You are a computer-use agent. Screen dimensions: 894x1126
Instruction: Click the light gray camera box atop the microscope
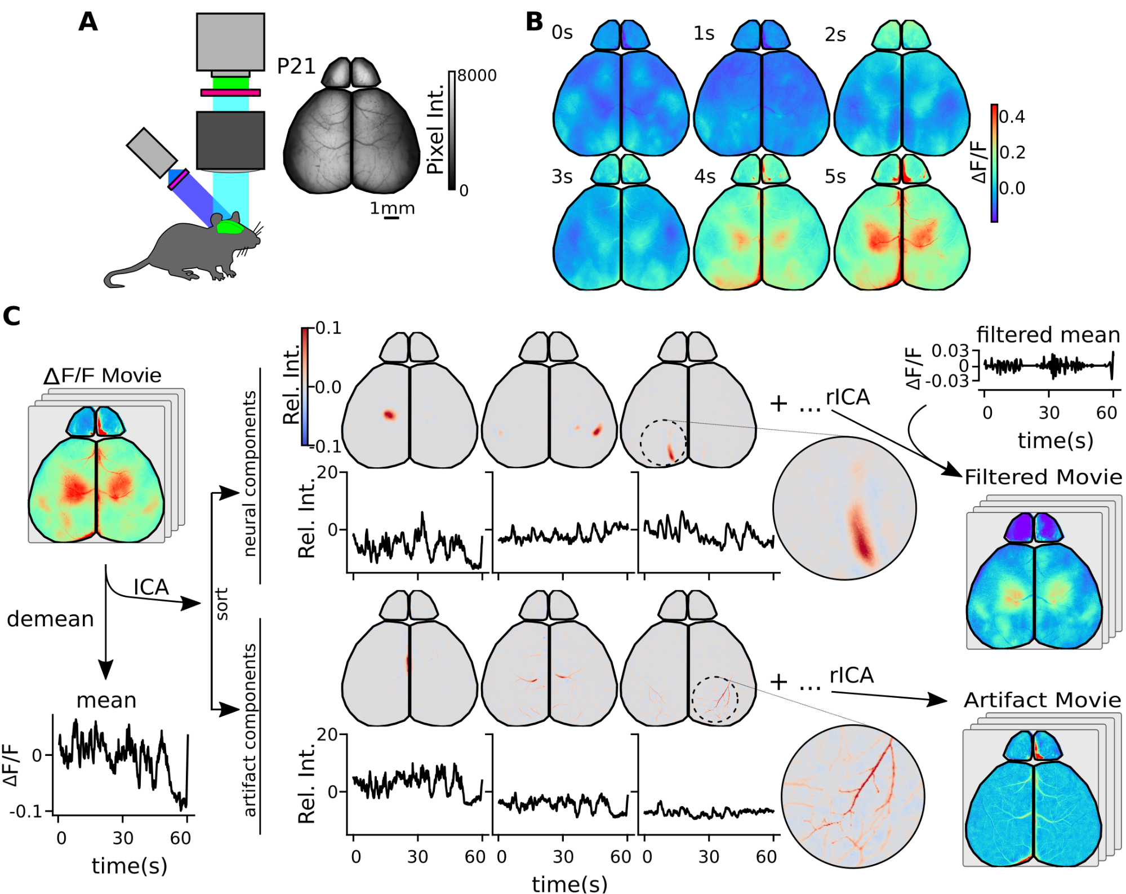click(x=230, y=42)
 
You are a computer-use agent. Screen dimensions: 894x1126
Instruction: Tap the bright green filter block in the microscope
click(x=231, y=83)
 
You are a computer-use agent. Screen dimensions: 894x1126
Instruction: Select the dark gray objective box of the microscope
click(x=230, y=140)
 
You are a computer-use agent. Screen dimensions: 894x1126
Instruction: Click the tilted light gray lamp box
click(x=152, y=152)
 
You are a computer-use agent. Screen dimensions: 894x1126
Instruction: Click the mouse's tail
click(x=127, y=273)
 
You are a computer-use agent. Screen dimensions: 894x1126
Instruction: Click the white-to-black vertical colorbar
click(x=452, y=129)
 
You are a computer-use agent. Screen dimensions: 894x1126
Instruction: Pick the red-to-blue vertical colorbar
click(x=305, y=387)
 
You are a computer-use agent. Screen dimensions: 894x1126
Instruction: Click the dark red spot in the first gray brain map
click(x=389, y=415)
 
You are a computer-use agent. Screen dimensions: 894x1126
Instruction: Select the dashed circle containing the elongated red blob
click(x=663, y=442)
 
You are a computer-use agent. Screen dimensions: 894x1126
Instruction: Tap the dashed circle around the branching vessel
click(x=715, y=699)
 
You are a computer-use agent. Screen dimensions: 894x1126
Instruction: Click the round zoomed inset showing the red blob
click(x=844, y=508)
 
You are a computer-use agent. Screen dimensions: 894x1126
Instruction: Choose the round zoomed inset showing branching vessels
click(x=853, y=796)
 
